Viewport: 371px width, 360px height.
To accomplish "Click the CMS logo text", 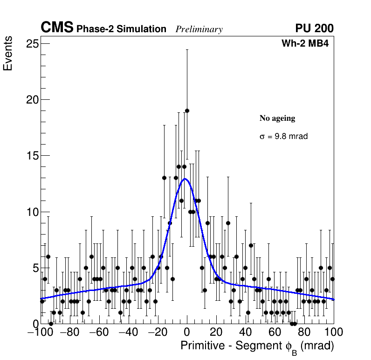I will [x=57, y=28].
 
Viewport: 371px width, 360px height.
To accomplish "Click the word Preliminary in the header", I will [x=199, y=29].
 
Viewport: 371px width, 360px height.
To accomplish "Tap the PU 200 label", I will [x=314, y=28].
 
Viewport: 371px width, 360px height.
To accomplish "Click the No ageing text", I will [x=277, y=118].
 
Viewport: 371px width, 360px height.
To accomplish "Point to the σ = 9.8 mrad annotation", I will [x=283, y=137].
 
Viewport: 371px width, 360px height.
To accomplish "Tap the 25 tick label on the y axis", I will [x=32, y=44].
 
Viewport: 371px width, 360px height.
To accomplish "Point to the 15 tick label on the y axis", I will [x=32, y=156].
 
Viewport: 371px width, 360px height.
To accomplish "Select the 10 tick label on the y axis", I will [x=32, y=212].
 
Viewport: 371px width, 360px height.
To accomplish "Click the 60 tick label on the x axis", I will [x=275, y=332].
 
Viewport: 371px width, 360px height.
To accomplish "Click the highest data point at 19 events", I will [x=187, y=111].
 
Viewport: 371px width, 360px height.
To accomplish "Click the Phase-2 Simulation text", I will [x=121, y=29].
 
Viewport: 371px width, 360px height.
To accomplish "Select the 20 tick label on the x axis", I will [x=216, y=332].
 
